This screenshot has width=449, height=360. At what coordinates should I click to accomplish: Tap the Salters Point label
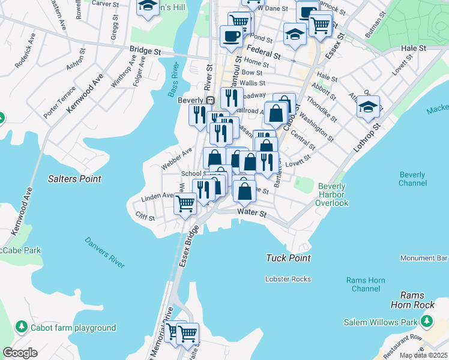pos(74,179)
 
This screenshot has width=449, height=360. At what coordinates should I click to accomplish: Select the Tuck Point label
pos(288,258)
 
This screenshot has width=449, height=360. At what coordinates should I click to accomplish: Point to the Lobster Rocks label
pos(288,279)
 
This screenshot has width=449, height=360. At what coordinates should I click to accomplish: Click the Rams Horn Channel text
pos(363,284)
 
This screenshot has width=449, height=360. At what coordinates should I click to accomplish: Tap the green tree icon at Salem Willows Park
pos(427,322)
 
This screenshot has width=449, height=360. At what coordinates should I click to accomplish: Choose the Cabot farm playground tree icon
pos(22,327)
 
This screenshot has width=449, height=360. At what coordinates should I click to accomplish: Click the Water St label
pos(251,212)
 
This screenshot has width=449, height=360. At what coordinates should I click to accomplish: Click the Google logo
pos(19,353)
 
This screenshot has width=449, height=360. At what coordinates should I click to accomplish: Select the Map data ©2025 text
pos(423,355)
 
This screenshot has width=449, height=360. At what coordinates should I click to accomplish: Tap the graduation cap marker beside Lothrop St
pos(367,107)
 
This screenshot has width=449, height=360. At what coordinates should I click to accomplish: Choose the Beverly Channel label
pos(412,179)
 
